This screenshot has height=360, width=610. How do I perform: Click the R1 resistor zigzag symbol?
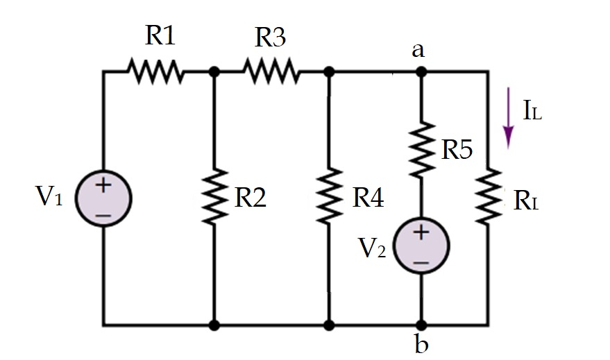pyautogui.click(x=155, y=71)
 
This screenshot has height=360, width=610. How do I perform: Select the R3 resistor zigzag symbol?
pyautogui.click(x=271, y=71)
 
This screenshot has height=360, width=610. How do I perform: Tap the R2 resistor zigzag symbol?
pyautogui.click(x=214, y=197)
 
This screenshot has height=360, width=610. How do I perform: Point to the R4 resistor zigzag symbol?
pyautogui.click(x=330, y=197)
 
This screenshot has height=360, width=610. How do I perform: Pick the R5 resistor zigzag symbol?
pyautogui.click(x=421, y=150)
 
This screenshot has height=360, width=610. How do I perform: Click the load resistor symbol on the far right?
pyautogui.click(x=489, y=197)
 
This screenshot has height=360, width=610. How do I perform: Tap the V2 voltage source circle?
pyautogui.click(x=421, y=247)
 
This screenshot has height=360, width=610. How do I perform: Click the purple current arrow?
pyautogui.click(x=509, y=118)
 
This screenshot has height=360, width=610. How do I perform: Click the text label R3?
pyautogui.click(x=269, y=37)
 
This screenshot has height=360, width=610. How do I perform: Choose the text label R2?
pyautogui.click(x=251, y=198)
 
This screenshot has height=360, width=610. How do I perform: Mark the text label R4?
pyautogui.click(x=367, y=198)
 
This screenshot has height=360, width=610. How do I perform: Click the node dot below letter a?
pyautogui.click(x=421, y=71)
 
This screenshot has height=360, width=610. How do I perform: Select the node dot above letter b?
pyautogui.click(x=421, y=325)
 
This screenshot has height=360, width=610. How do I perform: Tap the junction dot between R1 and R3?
pyautogui.click(x=214, y=71)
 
